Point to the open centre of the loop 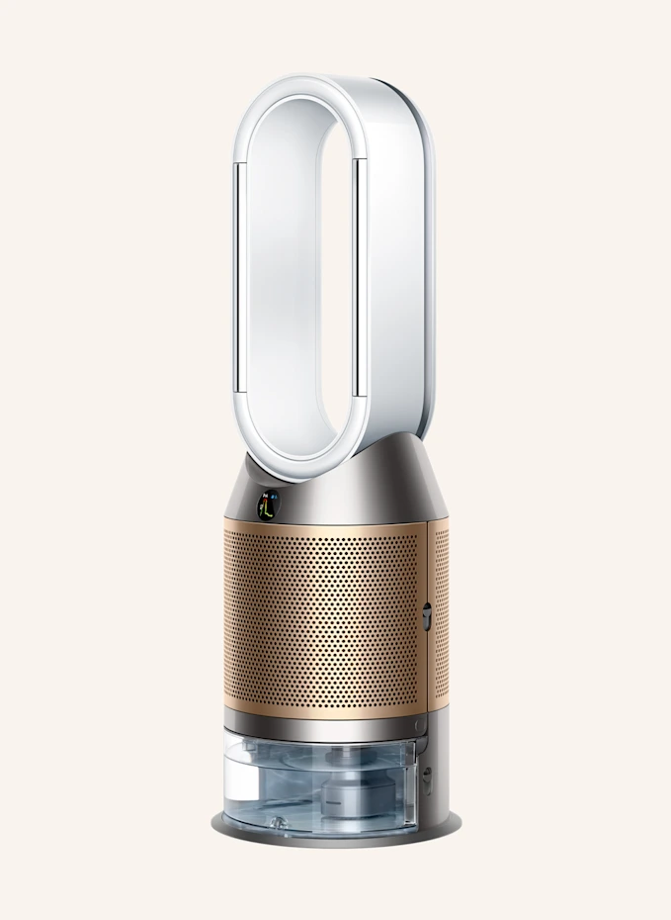click(x=300, y=277)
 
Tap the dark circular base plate click(x=336, y=836)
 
